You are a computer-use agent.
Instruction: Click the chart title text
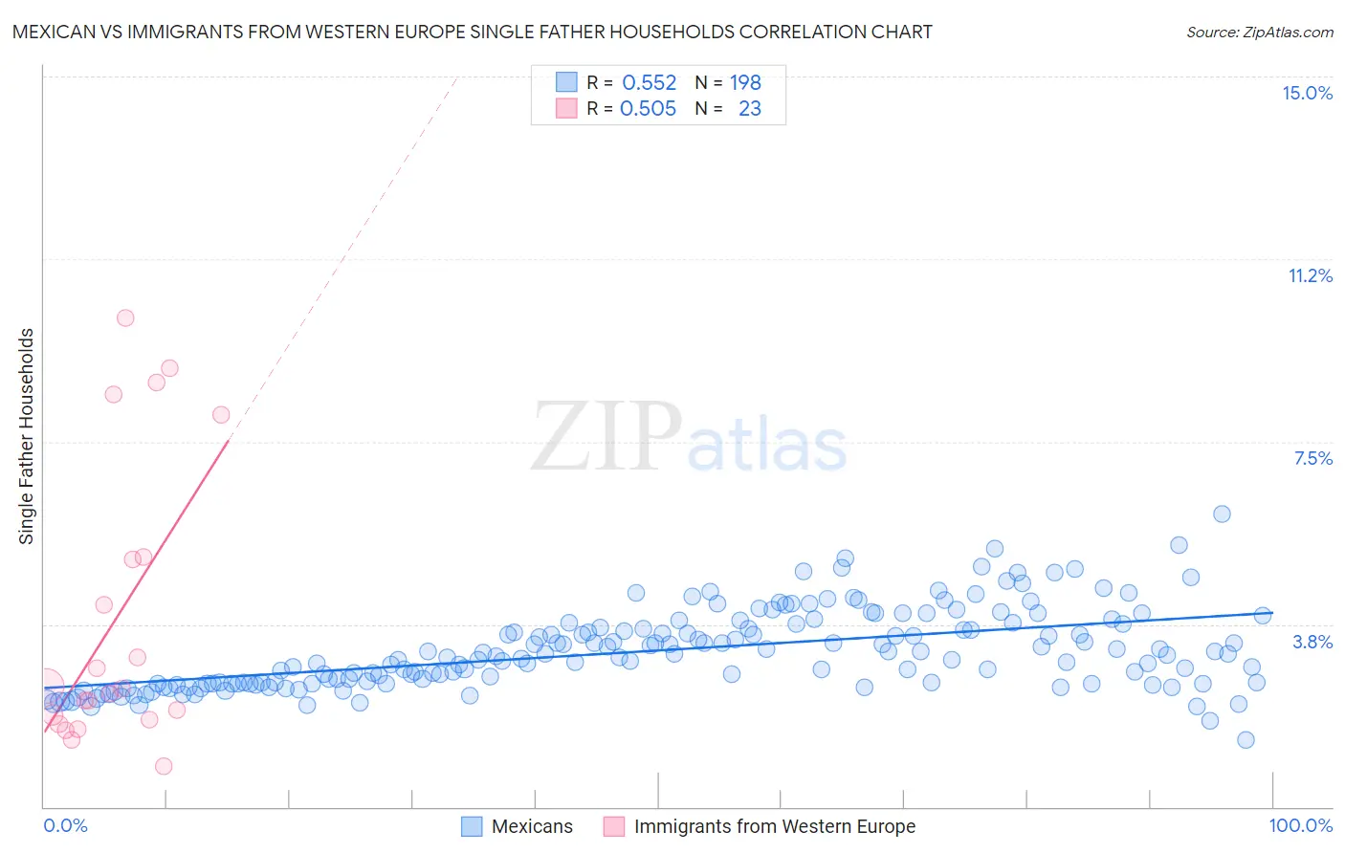472,32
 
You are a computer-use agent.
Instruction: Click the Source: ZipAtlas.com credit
1259,33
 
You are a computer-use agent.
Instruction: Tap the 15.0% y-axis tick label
1307,93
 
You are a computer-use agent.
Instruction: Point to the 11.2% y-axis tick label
1310,275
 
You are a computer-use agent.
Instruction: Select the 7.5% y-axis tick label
1312,458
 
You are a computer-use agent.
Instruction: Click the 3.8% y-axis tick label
1312,642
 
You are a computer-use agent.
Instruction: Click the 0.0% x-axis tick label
66,825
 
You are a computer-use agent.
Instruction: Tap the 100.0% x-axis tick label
1300,825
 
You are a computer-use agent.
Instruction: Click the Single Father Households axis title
27,436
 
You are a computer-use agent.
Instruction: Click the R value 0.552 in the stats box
649,83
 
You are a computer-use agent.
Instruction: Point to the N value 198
745,83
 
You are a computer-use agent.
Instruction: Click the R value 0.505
648,109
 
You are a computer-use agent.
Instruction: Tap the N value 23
750,109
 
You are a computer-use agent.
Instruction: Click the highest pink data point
125,318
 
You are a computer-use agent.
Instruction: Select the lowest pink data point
164,766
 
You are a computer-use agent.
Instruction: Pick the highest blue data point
1222,514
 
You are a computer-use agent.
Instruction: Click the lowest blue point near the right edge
1246,739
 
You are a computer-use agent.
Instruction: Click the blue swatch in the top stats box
566,82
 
